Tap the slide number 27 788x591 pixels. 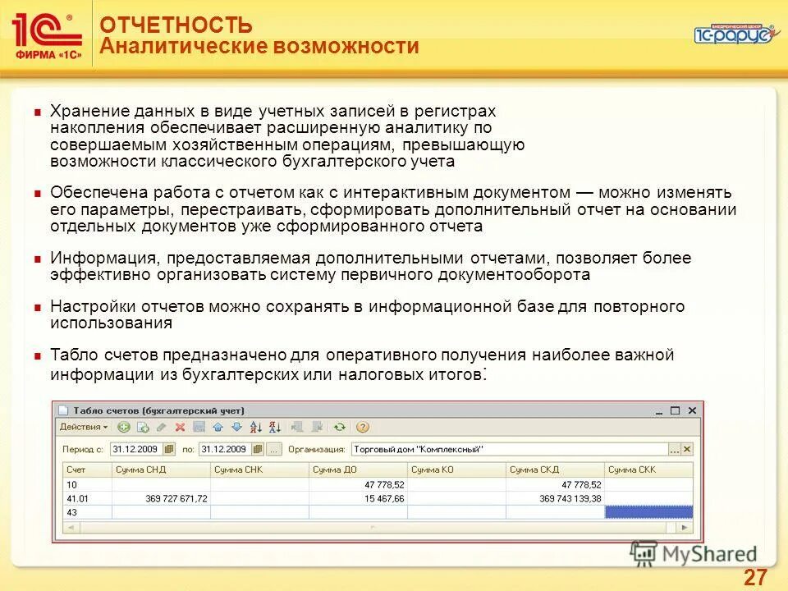pyautogui.click(x=755, y=576)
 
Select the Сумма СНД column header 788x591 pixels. pyautogui.click(x=140, y=470)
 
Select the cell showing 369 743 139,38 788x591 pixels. pyautogui.click(x=559, y=498)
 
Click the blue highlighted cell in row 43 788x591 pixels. pyautogui.click(x=648, y=511)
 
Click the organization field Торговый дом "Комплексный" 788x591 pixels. pyautogui.click(x=509, y=449)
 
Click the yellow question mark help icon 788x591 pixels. pyautogui.click(x=363, y=427)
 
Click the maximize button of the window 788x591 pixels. pyautogui.click(x=676, y=410)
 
